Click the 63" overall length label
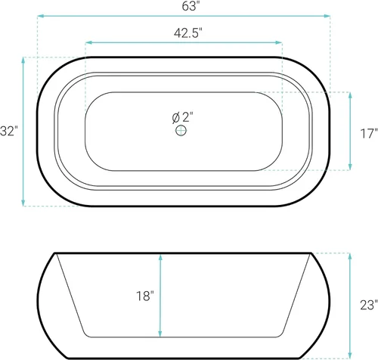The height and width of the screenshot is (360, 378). tap(189, 6)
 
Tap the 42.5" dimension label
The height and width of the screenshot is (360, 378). tap(188, 33)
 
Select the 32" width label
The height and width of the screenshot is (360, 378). tap(9, 131)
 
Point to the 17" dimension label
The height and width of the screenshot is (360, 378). tap(369, 134)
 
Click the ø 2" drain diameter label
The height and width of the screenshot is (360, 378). tap(183, 117)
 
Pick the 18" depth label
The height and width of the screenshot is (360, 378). tap(145, 296)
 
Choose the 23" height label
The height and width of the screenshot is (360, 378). tap(369, 305)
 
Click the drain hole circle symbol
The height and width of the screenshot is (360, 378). tap(181, 131)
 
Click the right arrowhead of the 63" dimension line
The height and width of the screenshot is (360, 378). tap(327, 16)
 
